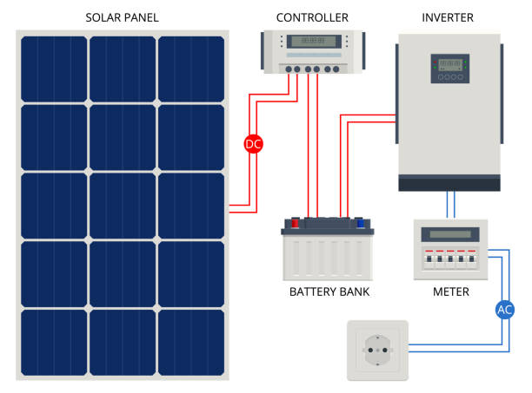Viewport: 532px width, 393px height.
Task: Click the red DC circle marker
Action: click(253, 145)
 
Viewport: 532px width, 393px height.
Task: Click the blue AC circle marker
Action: click(505, 308)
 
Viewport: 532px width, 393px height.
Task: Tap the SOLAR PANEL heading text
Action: click(123, 17)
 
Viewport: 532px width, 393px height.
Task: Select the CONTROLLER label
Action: click(312, 17)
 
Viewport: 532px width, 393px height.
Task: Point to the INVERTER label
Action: click(449, 17)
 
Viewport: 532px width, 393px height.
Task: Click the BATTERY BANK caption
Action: click(329, 291)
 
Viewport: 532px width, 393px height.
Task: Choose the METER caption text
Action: click(450, 291)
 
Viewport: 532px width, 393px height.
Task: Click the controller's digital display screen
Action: click(312, 41)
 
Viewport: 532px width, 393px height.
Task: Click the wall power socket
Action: click(376, 350)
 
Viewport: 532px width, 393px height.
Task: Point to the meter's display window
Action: click(449, 234)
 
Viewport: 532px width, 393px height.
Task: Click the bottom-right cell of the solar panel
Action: click(191, 341)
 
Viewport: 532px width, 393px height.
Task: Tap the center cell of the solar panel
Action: click(123, 205)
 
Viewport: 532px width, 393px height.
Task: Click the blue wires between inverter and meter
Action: click(449, 204)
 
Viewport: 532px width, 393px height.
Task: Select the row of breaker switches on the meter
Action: click(449, 259)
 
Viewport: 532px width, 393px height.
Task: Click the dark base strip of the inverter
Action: click(449, 182)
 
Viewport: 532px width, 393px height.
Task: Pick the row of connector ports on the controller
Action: click(312, 69)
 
